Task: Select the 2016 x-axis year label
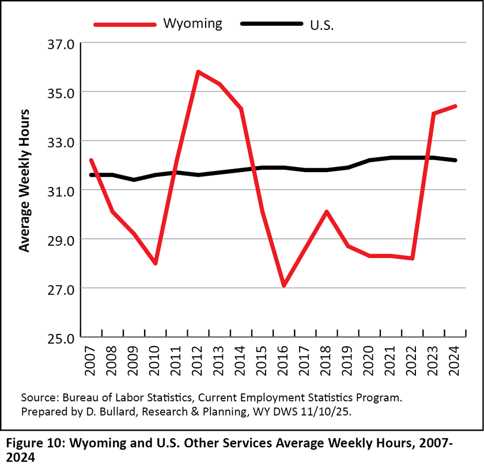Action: [x=285, y=361]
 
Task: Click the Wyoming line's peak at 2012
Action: [x=198, y=72]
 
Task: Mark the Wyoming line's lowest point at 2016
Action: [x=284, y=286]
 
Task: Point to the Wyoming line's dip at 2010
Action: [x=156, y=263]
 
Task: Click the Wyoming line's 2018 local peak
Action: [x=327, y=212]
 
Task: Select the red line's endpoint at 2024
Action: [x=455, y=106]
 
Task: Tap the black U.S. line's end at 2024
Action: [x=455, y=160]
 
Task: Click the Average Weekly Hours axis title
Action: [x=25, y=180]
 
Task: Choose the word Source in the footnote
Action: [x=37, y=398]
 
